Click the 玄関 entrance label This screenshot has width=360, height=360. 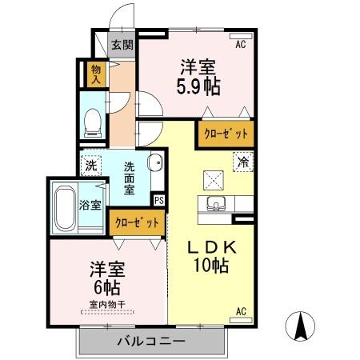(122, 46)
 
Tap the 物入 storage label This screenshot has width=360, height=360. (96, 74)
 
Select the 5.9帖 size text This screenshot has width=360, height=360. (198, 87)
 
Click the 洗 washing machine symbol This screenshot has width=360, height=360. (91, 166)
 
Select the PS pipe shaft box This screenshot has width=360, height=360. (158, 200)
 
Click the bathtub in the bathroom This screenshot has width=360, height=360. (64, 207)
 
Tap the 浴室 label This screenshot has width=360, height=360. (90, 205)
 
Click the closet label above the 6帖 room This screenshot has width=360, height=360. (138, 222)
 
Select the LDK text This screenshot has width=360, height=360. (211, 247)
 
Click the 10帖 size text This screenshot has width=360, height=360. (211, 266)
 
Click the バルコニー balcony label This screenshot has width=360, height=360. (150, 342)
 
